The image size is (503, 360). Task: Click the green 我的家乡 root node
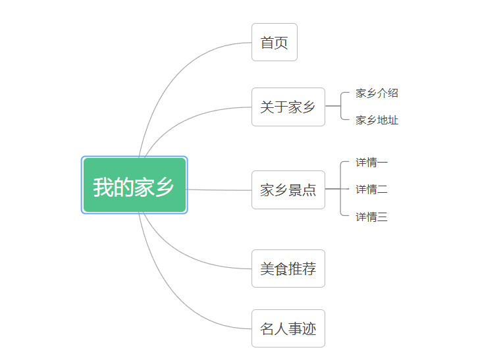(134, 185)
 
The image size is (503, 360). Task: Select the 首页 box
(275, 42)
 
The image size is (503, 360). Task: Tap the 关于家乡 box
(288, 107)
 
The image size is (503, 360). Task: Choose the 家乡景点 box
(288, 190)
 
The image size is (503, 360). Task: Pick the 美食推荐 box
(288, 269)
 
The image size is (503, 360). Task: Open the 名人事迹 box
(288, 328)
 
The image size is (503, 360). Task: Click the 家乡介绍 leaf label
(377, 93)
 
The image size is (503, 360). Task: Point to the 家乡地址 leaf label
(377, 120)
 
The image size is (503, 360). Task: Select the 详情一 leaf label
(371, 162)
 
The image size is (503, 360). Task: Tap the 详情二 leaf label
(371, 189)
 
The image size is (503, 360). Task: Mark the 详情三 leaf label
(371, 217)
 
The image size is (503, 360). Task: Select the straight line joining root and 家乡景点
(219, 190)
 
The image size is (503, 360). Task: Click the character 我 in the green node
(103, 187)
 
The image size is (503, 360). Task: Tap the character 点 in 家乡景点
(309, 190)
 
